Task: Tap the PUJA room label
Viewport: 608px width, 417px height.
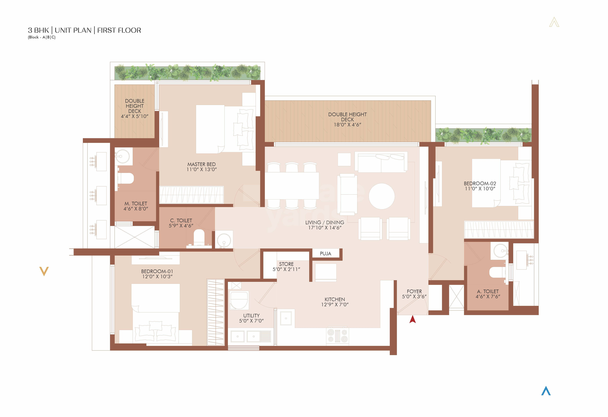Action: pos(325,254)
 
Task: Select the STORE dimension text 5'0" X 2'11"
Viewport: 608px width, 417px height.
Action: pos(286,269)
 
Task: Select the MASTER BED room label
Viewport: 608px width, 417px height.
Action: pos(201,164)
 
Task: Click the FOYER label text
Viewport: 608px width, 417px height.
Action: pos(414,291)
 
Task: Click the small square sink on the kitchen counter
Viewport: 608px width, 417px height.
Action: pos(286,318)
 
